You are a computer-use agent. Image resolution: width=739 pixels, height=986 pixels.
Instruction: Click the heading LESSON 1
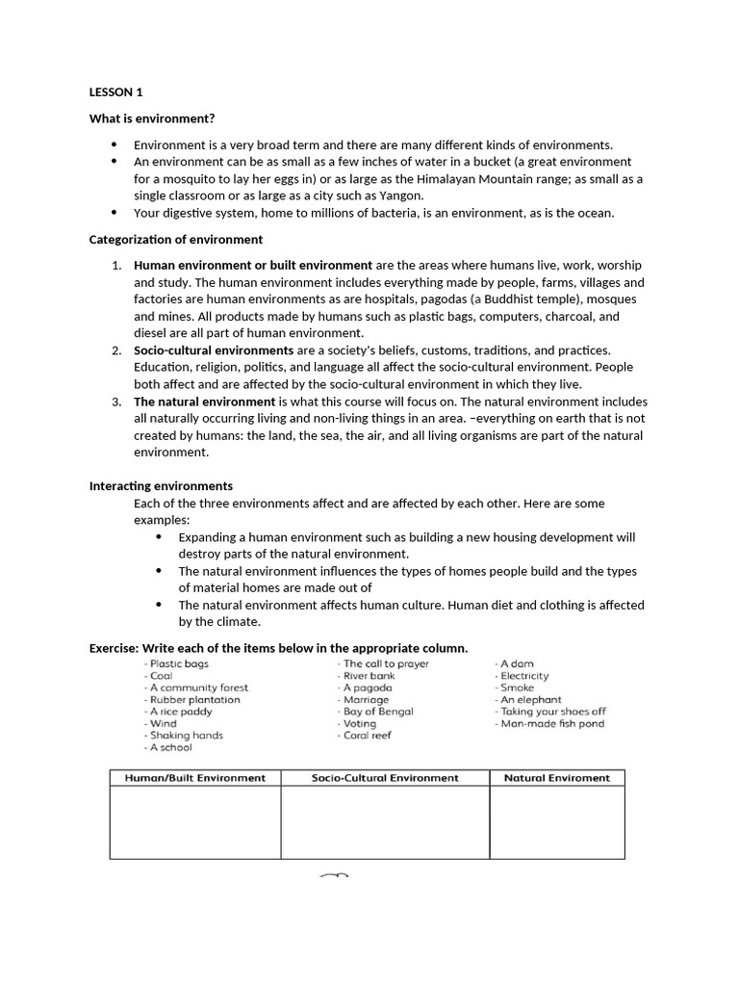[115, 92]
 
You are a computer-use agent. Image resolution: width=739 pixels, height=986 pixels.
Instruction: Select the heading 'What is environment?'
[152, 118]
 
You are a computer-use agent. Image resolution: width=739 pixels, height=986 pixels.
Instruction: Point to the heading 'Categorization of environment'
[176, 239]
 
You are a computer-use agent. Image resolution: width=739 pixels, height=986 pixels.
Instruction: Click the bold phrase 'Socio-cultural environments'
[214, 350]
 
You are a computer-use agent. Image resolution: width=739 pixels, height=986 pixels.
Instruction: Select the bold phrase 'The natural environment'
[204, 402]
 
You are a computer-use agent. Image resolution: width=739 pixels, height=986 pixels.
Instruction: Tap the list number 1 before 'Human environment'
[115, 265]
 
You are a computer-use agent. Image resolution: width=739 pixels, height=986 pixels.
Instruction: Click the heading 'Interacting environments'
[161, 486]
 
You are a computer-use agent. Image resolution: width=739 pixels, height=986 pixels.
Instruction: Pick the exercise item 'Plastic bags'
[177, 664]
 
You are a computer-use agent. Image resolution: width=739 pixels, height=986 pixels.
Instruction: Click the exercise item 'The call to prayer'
[385, 664]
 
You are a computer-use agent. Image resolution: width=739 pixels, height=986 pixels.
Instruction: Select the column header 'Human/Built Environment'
[195, 778]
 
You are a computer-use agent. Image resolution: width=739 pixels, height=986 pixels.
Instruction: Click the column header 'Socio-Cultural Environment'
[385, 778]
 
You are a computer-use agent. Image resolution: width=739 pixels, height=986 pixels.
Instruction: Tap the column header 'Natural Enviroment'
[556, 778]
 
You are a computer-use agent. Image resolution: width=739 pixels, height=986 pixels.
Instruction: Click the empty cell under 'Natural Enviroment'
[556, 822]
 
